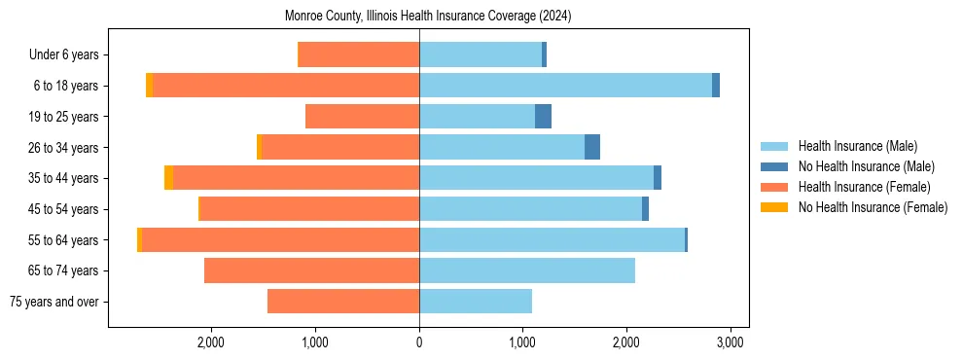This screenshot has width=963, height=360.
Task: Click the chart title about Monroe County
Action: [x=428, y=17]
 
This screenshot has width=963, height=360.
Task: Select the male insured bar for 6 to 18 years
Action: [x=565, y=86]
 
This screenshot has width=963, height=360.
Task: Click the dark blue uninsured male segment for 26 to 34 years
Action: [x=592, y=147]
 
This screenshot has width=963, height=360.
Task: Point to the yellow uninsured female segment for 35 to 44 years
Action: [x=168, y=178]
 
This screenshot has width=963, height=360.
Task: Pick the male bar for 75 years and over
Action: [x=476, y=302]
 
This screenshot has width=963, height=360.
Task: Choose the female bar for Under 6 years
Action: [x=358, y=54]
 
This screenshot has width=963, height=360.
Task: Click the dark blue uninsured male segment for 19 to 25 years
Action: [x=544, y=117]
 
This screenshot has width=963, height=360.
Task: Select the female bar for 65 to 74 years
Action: [x=311, y=270]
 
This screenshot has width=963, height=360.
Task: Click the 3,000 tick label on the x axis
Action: [x=731, y=342]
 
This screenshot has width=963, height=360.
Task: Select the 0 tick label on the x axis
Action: [x=419, y=342]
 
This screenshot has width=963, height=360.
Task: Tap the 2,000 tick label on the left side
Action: [x=211, y=342]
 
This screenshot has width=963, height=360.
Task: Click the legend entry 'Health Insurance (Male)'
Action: [x=857, y=146]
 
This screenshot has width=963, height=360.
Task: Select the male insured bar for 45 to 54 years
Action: [x=530, y=209]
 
